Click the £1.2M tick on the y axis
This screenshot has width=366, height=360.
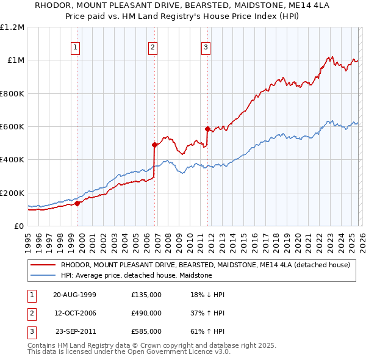click(12, 27)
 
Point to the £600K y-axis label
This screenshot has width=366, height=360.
click(12, 127)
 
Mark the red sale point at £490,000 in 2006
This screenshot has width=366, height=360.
click(154, 145)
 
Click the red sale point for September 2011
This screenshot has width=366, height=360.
click(208, 129)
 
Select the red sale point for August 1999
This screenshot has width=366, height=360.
click(77, 204)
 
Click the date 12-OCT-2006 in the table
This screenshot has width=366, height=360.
click(75, 313)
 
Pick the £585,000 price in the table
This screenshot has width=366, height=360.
click(146, 331)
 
